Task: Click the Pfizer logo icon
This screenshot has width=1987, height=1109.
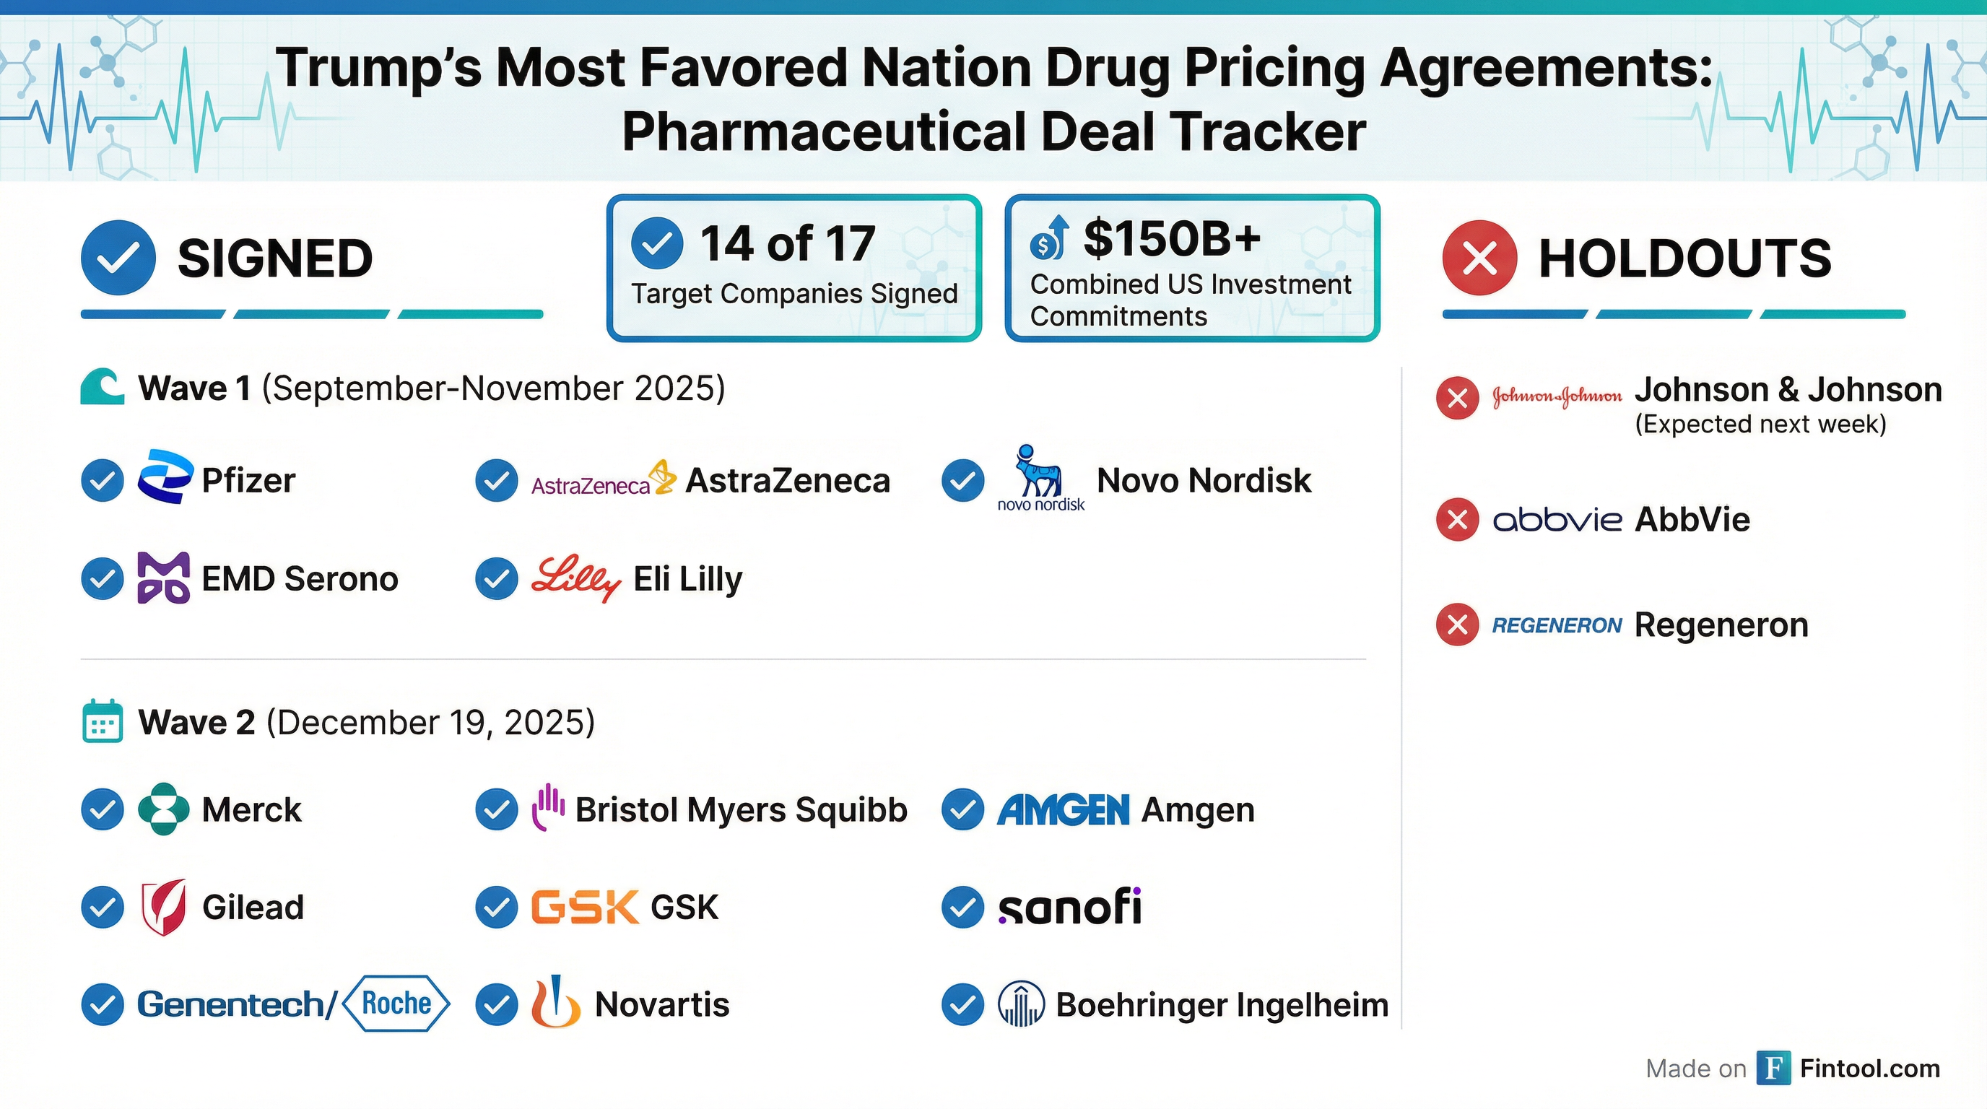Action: pos(165,477)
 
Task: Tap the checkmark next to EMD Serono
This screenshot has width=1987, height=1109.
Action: pos(103,578)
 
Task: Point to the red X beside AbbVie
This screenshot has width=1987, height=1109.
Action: pos(1457,519)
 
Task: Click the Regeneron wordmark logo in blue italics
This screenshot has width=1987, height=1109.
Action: pos(1557,625)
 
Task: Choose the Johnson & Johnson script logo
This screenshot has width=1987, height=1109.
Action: pos(1557,396)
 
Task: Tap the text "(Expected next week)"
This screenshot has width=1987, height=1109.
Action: pos(1760,424)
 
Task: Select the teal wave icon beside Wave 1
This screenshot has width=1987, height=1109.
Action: pos(102,386)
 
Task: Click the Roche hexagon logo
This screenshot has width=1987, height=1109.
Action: pos(396,1003)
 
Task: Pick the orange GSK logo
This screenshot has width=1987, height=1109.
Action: pos(585,907)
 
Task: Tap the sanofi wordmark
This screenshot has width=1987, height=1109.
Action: pos(1069,907)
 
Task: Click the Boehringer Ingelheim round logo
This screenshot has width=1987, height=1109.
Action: pos(1020,1004)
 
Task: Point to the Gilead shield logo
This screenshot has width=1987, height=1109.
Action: pos(163,907)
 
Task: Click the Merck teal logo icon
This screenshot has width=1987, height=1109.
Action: pos(163,809)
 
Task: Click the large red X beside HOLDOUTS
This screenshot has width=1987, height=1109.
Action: pos(1479,258)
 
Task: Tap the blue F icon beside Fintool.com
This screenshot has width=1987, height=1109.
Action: pos(1773,1068)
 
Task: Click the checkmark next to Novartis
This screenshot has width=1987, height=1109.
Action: pos(497,1004)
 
